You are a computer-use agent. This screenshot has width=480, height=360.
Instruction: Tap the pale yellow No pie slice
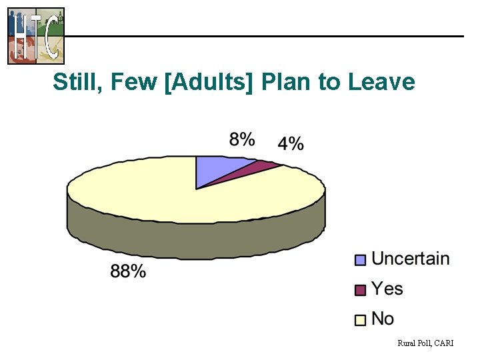pos(167,193)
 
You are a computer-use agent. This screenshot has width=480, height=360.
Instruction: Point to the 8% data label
pos(242,139)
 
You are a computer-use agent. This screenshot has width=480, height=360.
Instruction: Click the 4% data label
pos(291,143)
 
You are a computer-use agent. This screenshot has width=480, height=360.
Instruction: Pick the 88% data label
pos(128,271)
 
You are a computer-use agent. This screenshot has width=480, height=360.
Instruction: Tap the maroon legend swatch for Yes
pos(361,290)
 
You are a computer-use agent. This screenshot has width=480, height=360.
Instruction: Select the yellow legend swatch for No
pos(361,320)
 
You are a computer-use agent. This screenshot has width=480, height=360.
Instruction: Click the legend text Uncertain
pos(410,259)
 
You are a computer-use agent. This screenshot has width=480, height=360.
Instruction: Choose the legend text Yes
pos(387,289)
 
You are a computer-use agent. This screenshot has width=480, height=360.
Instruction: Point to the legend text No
pos(383,319)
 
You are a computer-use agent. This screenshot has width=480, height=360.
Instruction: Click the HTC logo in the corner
pos(36,35)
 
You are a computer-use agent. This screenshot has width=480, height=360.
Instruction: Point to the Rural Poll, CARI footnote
pos(425,343)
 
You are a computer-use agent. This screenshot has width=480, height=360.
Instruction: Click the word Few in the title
pos(133,82)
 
